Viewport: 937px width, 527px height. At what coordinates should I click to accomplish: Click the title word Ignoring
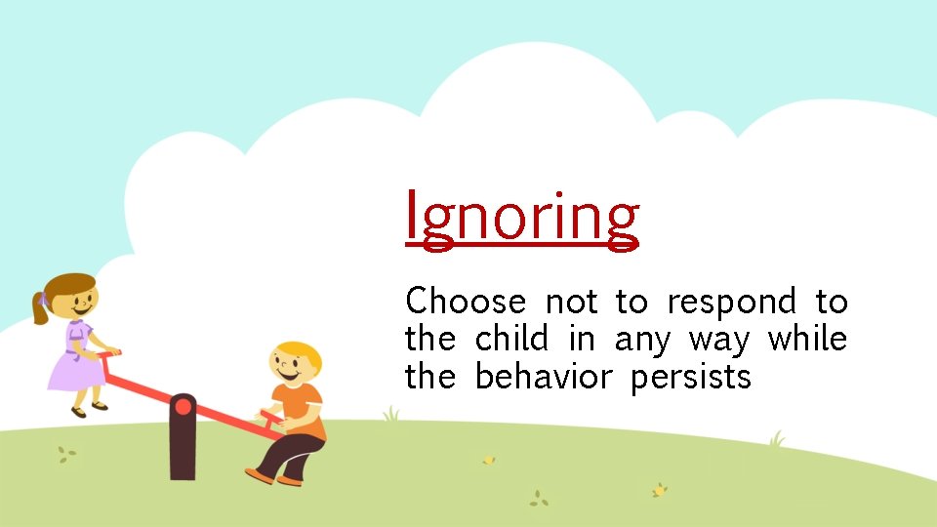pyautogui.click(x=522, y=218)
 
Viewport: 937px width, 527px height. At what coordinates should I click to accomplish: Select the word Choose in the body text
pyautogui.click(x=465, y=303)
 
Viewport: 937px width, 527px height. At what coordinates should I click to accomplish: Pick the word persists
pyautogui.click(x=690, y=377)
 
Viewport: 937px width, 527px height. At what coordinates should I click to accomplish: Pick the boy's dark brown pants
pyautogui.click(x=293, y=454)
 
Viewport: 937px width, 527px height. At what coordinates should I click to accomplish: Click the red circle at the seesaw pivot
pyautogui.click(x=182, y=406)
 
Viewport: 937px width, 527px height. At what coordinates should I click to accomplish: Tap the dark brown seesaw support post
pyautogui.click(x=182, y=449)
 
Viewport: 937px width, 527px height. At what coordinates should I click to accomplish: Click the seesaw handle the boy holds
pyautogui.click(x=271, y=418)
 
